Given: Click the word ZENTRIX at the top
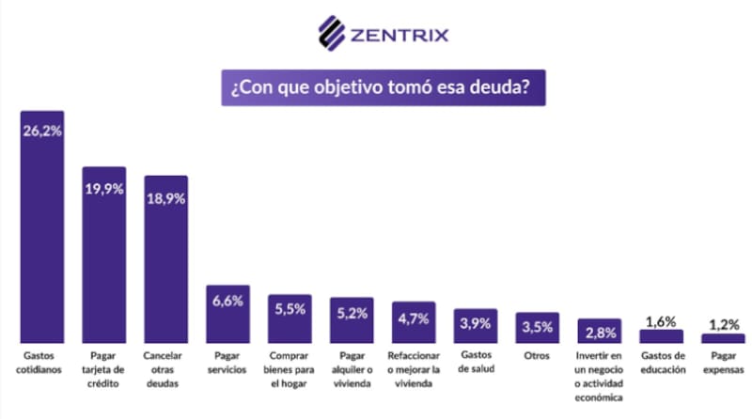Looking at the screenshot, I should coord(399,36).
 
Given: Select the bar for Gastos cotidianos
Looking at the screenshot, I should coord(42,235).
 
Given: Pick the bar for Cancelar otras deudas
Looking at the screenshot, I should coord(165,263).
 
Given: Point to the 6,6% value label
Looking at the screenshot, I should coord(227,301).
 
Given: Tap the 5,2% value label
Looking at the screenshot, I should coord(351,313).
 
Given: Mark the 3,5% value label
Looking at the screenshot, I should coord(537,327).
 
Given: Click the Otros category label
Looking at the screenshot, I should coord(537,357).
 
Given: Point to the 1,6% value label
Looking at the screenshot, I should coord(661,320).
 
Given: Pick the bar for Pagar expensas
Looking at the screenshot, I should coord(722,338).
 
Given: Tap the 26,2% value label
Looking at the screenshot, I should coord(42,132).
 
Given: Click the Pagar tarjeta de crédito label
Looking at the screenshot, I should coord(103,370).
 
